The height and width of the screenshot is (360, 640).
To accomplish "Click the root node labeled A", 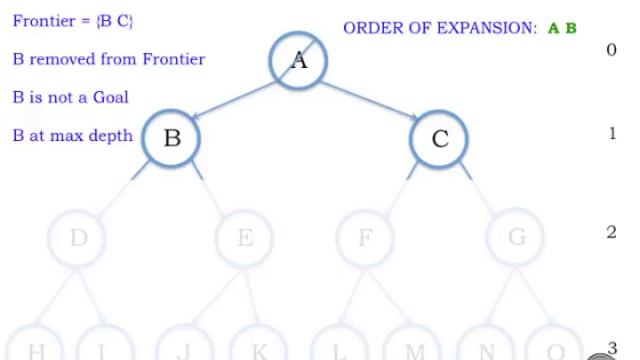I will [299, 61].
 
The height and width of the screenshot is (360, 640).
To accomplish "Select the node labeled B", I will [172, 137].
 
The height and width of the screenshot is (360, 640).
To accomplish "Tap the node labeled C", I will [440, 138].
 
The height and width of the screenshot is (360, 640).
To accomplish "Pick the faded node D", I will [78, 238].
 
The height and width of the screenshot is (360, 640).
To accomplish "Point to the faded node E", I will [245, 238].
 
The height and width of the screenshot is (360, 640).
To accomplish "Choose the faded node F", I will [365, 238].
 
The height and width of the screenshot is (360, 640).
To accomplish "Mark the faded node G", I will [517, 238].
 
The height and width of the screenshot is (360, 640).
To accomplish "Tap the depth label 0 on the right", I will [612, 49].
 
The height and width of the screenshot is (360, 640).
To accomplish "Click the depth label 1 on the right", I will [612, 133].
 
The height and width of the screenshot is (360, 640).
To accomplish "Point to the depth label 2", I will [612, 232].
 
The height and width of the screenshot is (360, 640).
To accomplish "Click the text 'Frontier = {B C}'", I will [73, 21].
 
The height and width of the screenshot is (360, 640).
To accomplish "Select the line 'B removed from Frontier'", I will [109, 59].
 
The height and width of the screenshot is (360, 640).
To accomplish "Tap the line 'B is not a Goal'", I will [71, 97].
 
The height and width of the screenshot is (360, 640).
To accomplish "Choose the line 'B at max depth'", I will [73, 135].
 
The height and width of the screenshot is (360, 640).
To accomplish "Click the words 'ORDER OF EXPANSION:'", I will [440, 28].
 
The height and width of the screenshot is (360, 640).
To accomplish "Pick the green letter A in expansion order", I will [554, 28].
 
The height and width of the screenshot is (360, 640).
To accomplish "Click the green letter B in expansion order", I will [571, 28].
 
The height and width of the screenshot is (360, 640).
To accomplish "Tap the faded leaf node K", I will [259, 349].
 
